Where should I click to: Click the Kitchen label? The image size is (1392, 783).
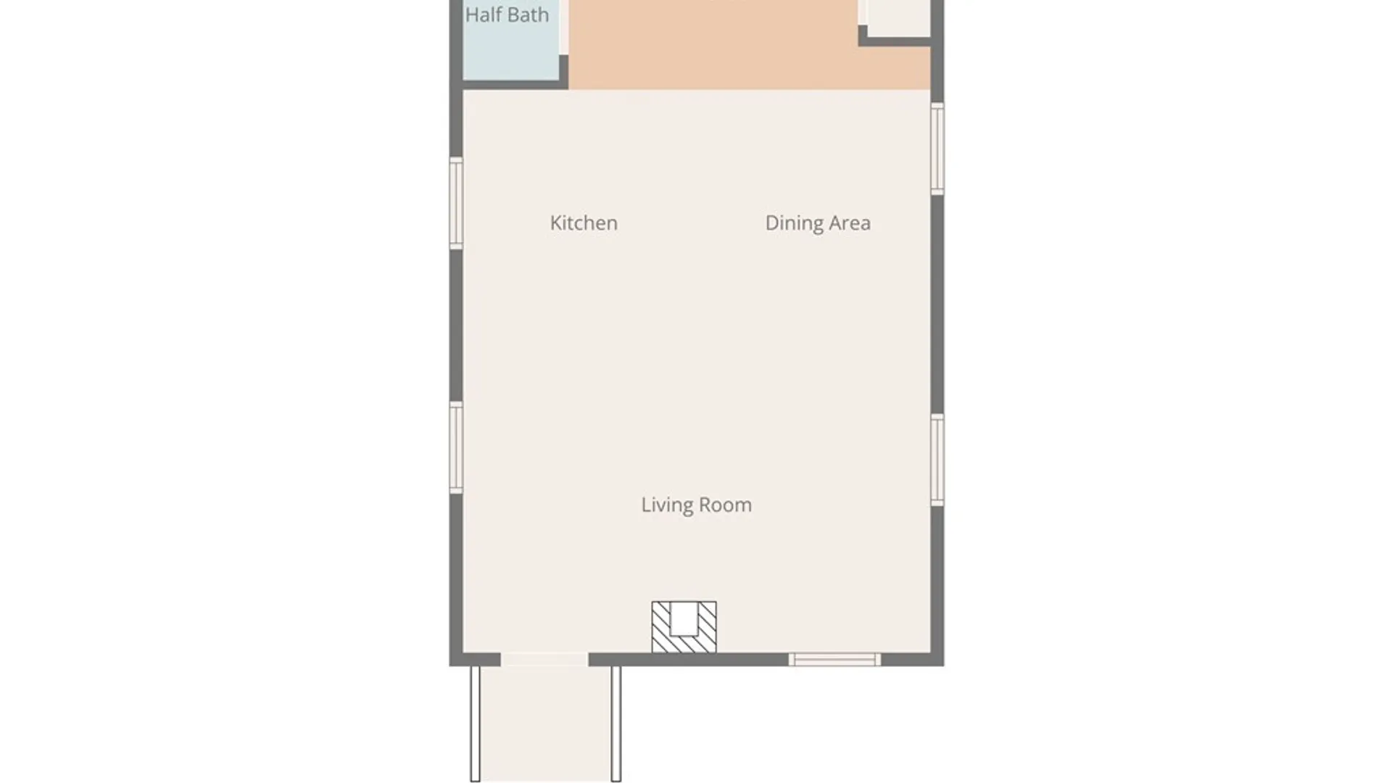pos(584,223)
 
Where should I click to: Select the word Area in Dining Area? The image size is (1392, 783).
pos(850,223)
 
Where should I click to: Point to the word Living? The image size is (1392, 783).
pos(667,505)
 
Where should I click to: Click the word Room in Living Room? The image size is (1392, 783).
pos(726,505)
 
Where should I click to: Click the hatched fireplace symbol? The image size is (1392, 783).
pos(684,627)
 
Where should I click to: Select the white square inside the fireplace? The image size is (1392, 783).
pos(684,618)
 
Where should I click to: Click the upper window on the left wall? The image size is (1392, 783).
pos(456,203)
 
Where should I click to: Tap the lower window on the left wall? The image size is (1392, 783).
pos(456,447)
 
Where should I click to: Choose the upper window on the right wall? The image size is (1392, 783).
pos(937,149)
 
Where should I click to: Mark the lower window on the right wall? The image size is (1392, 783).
pos(937,460)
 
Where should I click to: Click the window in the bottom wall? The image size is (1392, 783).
pos(835,660)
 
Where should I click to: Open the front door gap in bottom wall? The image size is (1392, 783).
pos(544,660)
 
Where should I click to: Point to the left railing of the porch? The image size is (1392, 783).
pos(476,724)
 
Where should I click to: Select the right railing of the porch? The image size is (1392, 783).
pos(616,724)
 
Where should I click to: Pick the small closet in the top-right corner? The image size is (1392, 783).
pos(899,16)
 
